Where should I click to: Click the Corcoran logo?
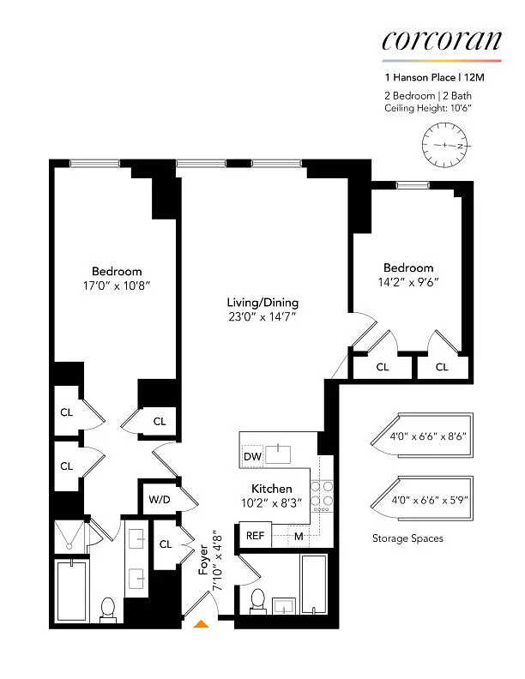442,40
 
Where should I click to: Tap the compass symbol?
446,146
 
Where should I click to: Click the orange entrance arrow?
201,623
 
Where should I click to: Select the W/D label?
160,499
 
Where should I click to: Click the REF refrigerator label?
255,536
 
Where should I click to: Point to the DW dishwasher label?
252,456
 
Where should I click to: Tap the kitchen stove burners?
322,494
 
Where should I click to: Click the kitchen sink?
278,454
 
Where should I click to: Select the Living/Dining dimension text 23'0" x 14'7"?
262,317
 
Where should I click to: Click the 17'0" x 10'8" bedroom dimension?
117,285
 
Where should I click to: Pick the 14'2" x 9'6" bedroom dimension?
408,282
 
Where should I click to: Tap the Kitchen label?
272,489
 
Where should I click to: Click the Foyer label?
203,560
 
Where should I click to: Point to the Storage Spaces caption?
407,538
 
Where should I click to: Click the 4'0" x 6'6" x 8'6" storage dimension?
428,436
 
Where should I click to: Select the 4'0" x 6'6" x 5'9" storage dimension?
430,500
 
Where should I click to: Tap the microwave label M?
299,537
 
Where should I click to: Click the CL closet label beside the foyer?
166,544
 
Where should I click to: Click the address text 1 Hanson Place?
419,77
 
